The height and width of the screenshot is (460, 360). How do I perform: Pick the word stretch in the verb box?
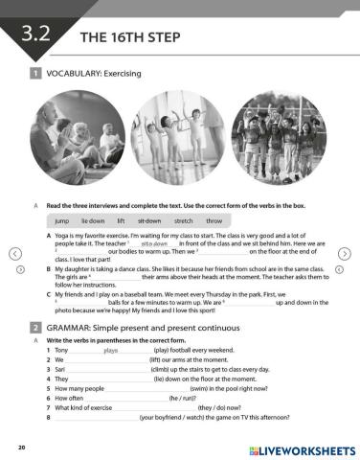click(x=182, y=219)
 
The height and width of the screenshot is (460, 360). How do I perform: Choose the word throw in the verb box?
click(x=214, y=219)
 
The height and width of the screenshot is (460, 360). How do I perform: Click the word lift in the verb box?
click(x=121, y=219)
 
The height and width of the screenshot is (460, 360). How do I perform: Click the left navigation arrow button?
click(x=13, y=254)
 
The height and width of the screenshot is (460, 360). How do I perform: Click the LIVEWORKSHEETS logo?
click(x=301, y=449)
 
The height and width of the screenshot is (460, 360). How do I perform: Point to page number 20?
click(x=21, y=448)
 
